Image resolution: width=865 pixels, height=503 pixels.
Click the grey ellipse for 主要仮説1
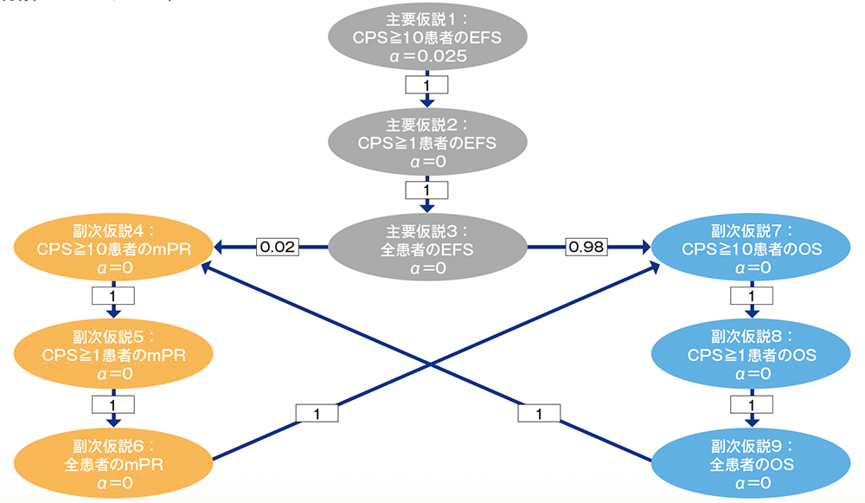[x=426, y=39]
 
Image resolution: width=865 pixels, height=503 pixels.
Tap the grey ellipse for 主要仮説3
[x=426, y=249]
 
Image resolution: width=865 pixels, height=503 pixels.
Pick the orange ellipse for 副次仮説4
[x=112, y=249]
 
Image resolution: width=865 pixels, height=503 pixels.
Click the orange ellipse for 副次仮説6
[x=112, y=459]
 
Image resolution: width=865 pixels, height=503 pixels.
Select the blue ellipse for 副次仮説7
[x=751, y=249]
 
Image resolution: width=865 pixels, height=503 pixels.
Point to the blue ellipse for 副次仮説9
[x=751, y=459]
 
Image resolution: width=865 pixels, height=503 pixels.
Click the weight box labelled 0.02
[x=277, y=248]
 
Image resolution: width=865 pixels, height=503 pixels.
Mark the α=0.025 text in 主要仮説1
[x=426, y=56]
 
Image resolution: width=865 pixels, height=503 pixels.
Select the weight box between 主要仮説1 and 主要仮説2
[x=426, y=85]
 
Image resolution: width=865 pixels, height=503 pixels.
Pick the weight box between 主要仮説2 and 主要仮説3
[x=426, y=189]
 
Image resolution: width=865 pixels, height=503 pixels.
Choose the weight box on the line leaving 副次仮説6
[x=316, y=414]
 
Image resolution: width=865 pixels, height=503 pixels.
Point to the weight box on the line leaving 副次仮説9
[x=541, y=414]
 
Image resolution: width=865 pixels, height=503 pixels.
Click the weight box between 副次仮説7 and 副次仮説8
[x=751, y=296]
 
